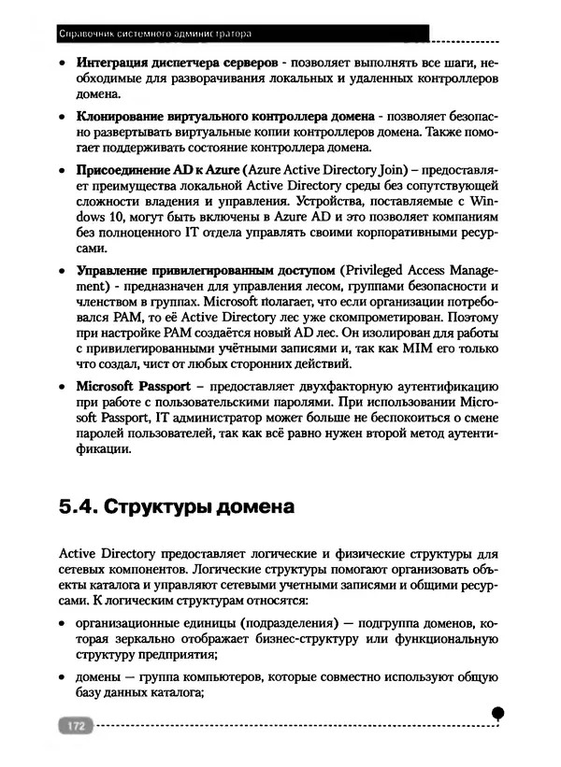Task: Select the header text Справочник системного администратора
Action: pos(155,34)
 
